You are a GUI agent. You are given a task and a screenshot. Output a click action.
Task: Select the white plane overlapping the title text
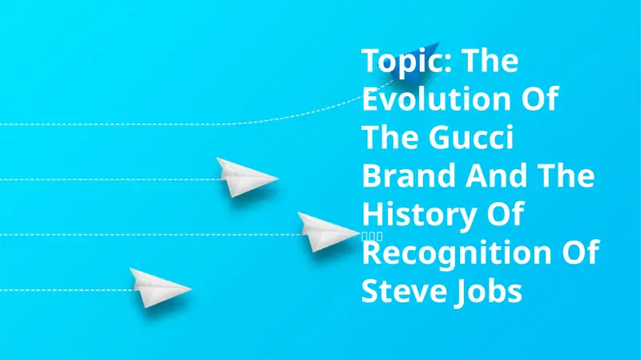point(329,233)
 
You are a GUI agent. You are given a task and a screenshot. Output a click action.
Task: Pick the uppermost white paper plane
point(245,176)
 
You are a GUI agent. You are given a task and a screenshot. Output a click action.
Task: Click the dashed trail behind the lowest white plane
point(64,289)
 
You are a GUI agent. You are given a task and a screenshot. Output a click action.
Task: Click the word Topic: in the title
point(405,60)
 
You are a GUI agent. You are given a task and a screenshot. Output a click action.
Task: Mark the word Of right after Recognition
point(579,254)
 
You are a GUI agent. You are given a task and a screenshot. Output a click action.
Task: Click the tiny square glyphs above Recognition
point(374,236)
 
